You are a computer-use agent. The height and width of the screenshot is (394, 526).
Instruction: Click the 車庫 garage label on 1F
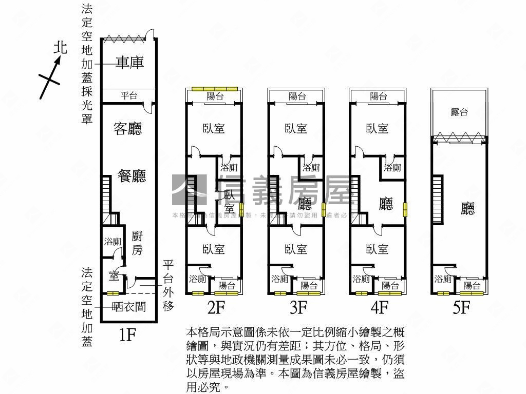129,63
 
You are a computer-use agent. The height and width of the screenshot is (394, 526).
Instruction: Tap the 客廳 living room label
127,128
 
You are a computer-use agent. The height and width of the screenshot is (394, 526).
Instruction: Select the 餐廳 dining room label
131,176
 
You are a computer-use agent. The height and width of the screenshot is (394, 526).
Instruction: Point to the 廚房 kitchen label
137,243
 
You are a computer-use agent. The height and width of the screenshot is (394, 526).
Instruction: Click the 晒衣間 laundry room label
128,307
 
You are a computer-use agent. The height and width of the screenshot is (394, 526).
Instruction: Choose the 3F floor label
298,307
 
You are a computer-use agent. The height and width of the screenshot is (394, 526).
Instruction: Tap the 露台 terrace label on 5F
459,112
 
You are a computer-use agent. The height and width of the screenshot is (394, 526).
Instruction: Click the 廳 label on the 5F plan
467,208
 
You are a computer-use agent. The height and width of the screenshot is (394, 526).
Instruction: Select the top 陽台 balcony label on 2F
215,96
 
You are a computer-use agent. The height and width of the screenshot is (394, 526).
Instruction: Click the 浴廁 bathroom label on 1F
112,242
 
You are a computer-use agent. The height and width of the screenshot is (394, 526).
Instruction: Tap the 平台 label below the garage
129,96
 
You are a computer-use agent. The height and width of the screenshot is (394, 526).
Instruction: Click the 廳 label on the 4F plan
386,204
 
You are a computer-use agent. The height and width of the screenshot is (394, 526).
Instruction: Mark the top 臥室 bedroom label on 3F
296,128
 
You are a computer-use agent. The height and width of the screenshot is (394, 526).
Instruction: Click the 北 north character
61,48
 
